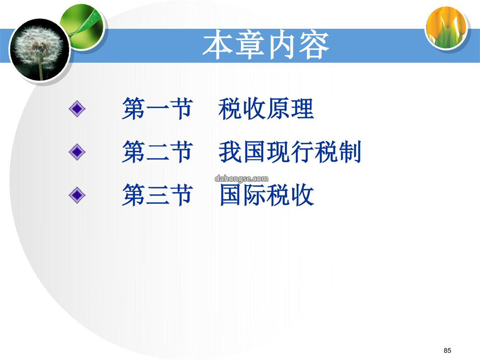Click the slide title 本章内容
(266, 45)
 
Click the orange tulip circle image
(447, 28)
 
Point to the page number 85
(447, 350)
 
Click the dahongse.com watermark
(241, 179)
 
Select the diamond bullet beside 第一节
(77, 109)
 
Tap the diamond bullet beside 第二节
(77, 152)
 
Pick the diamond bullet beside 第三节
(77, 195)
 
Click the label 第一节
(157, 109)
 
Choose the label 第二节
(157, 152)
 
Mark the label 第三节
(157, 195)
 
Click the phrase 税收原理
(266, 109)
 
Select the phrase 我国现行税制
(290, 152)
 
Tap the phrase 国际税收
(267, 195)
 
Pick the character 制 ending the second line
(350, 152)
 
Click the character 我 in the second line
(230, 152)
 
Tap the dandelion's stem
(40, 70)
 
